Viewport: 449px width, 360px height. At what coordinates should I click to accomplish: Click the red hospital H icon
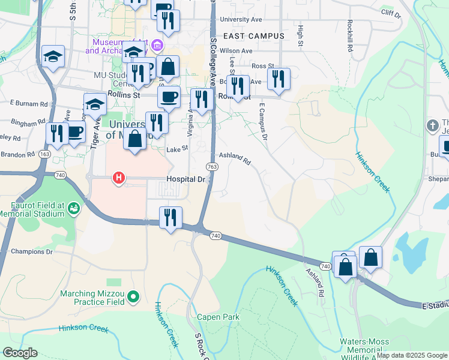tap(119, 178)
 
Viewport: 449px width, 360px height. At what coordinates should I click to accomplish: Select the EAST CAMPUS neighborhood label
tap(253, 36)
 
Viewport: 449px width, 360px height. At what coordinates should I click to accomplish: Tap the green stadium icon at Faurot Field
tap(74, 208)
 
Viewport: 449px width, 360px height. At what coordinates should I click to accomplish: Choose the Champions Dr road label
tap(32, 251)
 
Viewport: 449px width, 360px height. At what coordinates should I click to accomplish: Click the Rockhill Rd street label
tap(349, 38)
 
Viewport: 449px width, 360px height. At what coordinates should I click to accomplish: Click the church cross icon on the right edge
tap(430, 126)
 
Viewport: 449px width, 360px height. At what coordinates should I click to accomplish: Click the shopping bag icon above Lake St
tap(136, 139)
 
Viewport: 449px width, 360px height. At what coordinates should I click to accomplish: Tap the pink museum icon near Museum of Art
tap(157, 46)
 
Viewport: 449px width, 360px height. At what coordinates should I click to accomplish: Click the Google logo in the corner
tap(20, 353)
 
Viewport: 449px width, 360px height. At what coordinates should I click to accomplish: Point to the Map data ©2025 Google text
tap(412, 355)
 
